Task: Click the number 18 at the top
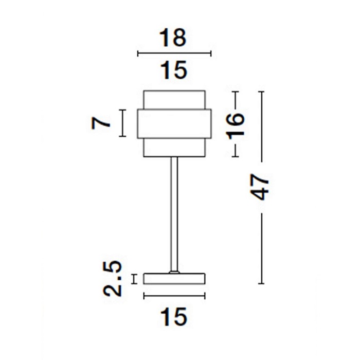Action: point(173,38)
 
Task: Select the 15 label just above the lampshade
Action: point(174,70)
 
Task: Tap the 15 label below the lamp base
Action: point(174,317)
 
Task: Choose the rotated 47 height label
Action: point(259,187)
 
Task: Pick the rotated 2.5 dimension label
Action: point(112,278)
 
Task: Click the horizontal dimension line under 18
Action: point(174,53)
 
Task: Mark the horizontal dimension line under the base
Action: point(174,296)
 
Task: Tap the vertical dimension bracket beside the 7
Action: point(122,123)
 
